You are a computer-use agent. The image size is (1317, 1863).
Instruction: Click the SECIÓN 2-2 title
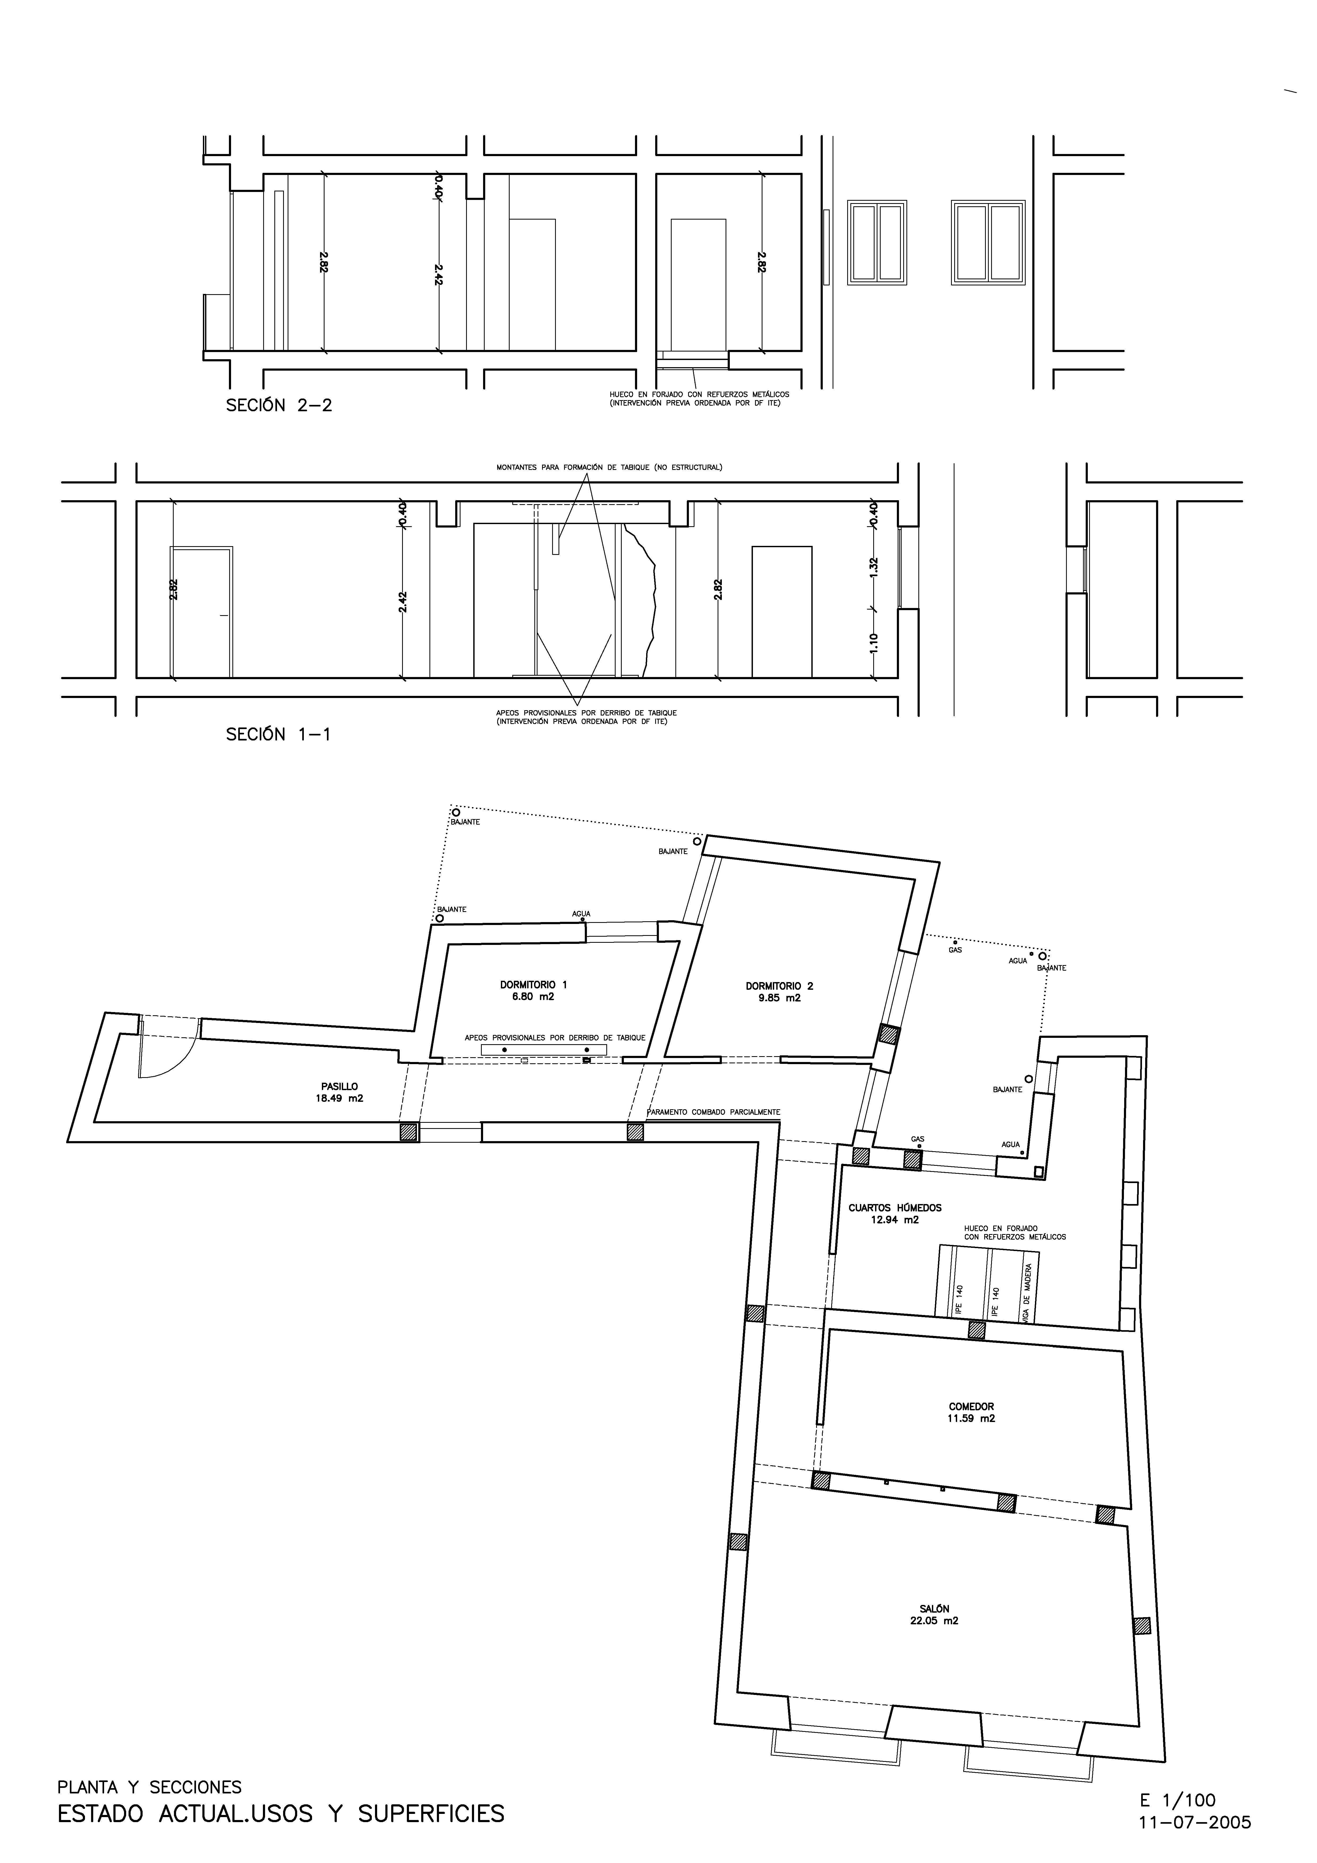click(279, 406)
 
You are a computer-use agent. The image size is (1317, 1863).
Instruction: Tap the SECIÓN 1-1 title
click(278, 734)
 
